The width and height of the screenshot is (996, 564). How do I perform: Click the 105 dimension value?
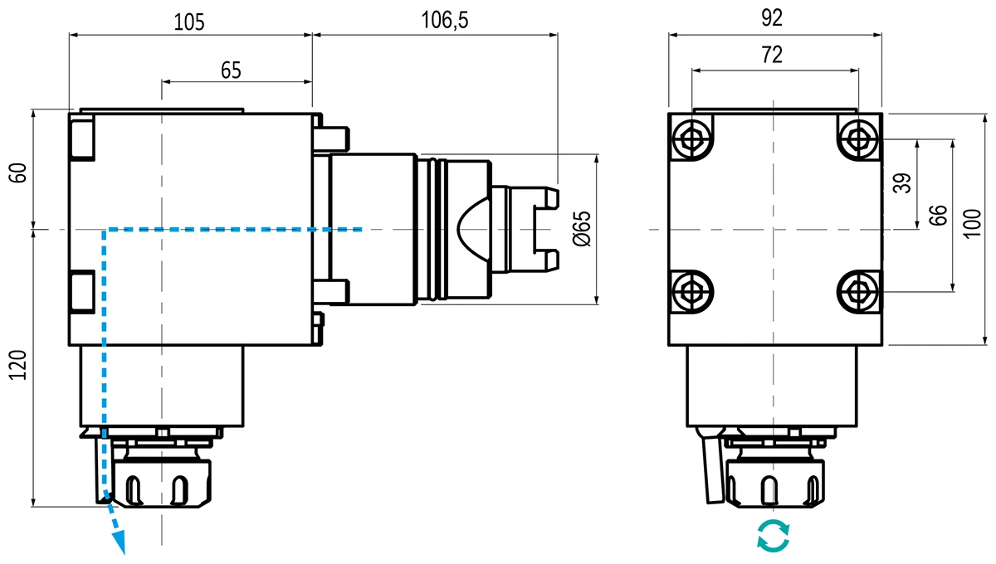pos(189,22)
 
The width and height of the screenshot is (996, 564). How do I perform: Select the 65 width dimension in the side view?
pos(231,70)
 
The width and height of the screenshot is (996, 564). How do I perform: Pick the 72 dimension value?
pos(771,56)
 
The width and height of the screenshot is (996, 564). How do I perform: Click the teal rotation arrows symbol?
pos(774,536)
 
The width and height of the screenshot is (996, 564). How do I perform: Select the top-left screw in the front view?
pos(691,139)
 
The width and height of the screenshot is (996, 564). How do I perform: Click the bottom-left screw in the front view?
pos(691,291)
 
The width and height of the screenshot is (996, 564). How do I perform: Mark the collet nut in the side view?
pos(164,481)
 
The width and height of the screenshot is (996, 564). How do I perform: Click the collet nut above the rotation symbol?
pos(773,481)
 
